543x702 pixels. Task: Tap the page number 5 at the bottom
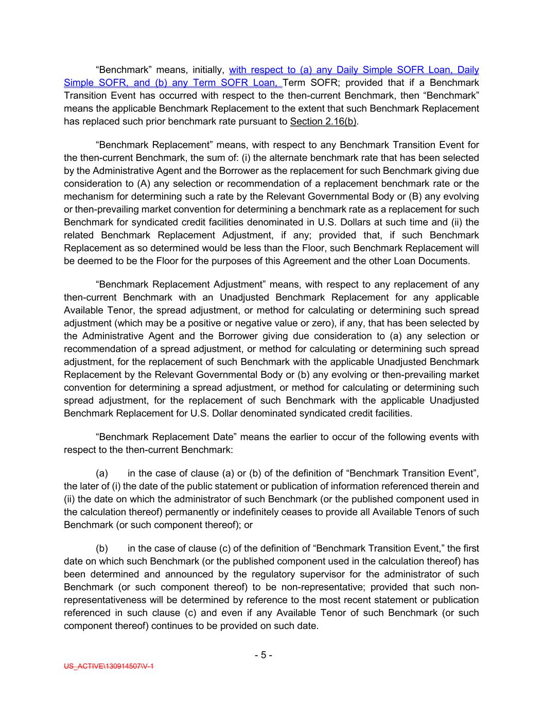click(x=263, y=655)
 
